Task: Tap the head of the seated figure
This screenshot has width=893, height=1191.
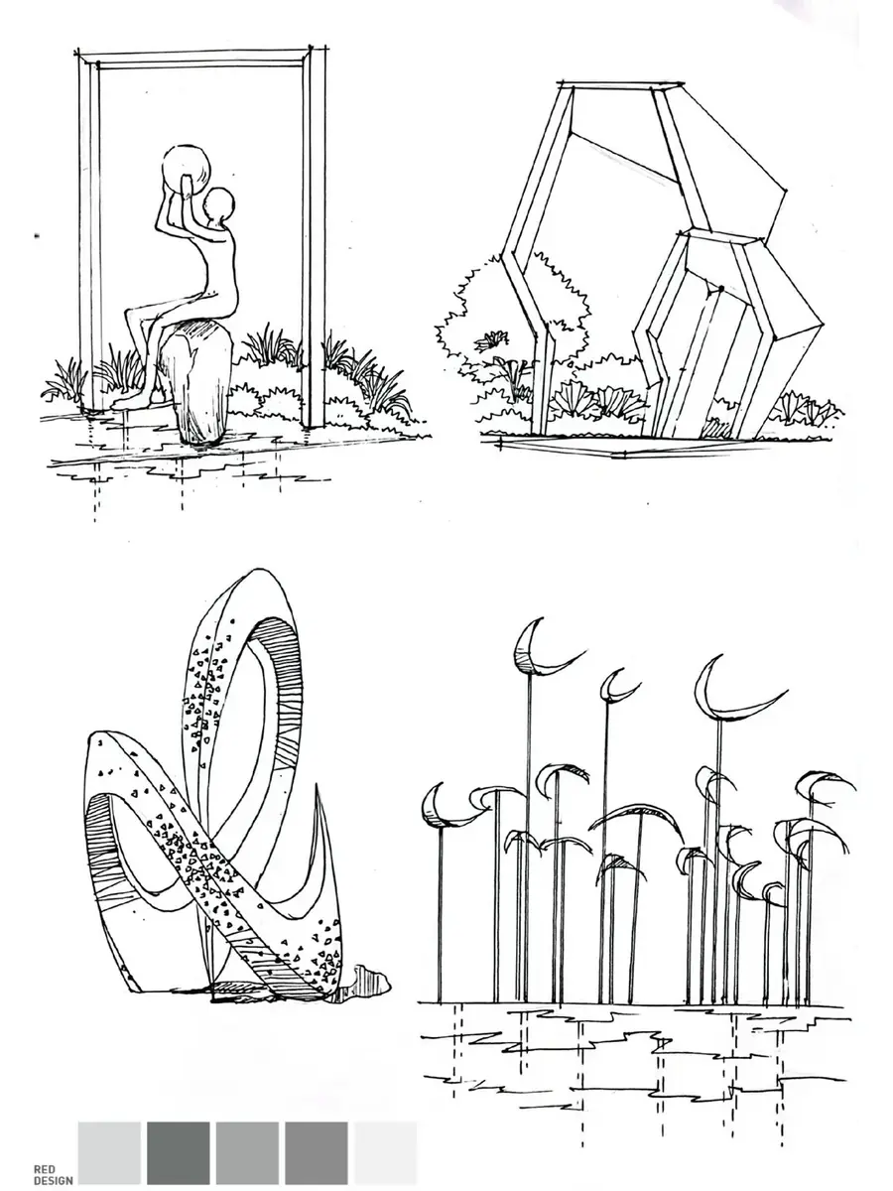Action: [x=219, y=206]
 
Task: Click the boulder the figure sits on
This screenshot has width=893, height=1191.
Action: [x=195, y=382]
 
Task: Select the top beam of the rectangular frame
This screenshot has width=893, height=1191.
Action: [x=201, y=59]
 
